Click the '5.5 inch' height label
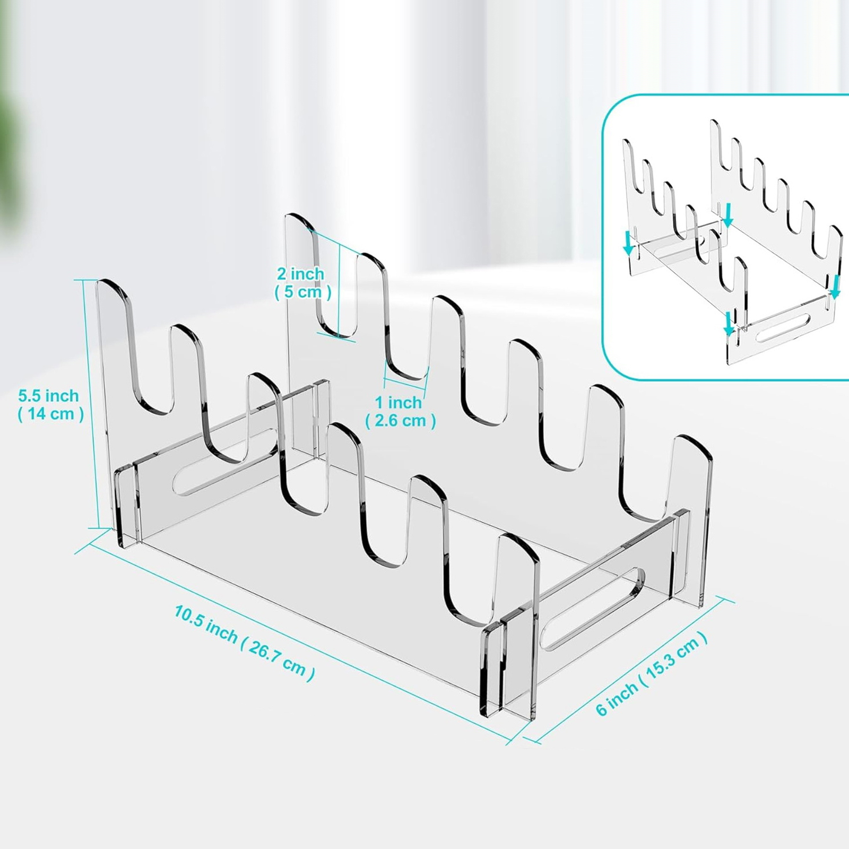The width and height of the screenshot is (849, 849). pos(49,395)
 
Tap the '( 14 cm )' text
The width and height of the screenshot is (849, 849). pos(51,414)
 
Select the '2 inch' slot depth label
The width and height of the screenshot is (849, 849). pos(300,274)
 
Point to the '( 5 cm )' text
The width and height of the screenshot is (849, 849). pos(303,292)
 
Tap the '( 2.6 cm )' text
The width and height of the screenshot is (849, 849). pos(401,421)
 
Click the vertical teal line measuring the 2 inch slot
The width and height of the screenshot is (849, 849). pos(339,290)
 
